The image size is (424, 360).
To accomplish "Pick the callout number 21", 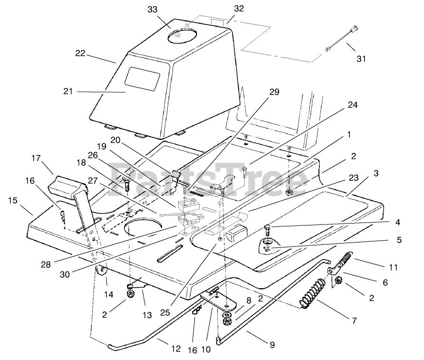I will (x=68, y=91).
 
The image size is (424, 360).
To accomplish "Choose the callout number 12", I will (x=176, y=349).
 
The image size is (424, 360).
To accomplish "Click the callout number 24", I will (x=352, y=104).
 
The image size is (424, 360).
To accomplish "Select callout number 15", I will (x=13, y=201).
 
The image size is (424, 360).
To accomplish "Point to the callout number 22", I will (x=80, y=54).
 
